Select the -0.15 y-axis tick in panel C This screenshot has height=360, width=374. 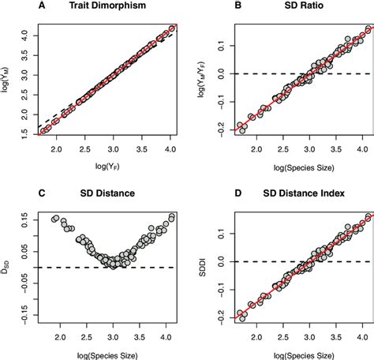[x=23, y=317]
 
